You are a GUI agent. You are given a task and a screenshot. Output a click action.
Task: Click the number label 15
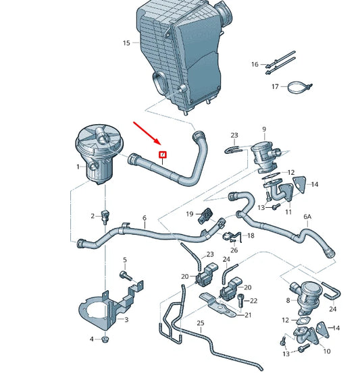pyautogui.click(x=126, y=43)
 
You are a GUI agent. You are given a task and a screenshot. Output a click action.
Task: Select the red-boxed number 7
pyautogui.click(x=162, y=155)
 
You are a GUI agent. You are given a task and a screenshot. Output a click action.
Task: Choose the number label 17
pyautogui.click(x=275, y=87)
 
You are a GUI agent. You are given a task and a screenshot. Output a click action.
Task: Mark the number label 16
pyautogui.click(x=255, y=64)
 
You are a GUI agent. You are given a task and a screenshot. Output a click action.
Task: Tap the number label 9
pyautogui.click(x=264, y=129)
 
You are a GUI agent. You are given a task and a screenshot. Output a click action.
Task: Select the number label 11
pyautogui.click(x=288, y=212)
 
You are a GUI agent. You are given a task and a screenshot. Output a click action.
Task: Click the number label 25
pyautogui.click(x=200, y=323)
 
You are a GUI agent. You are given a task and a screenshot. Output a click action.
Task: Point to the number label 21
pyautogui.click(x=248, y=315)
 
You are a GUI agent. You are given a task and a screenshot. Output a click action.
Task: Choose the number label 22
pyautogui.click(x=254, y=300)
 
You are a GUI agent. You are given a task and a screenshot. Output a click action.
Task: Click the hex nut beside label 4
pyautogui.click(x=105, y=339)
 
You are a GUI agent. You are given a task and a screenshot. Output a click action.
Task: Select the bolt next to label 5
pyautogui.click(x=126, y=275)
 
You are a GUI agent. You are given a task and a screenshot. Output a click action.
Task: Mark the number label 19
pyautogui.click(x=190, y=214)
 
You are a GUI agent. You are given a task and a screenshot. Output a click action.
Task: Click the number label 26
pyautogui.click(x=234, y=250)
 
